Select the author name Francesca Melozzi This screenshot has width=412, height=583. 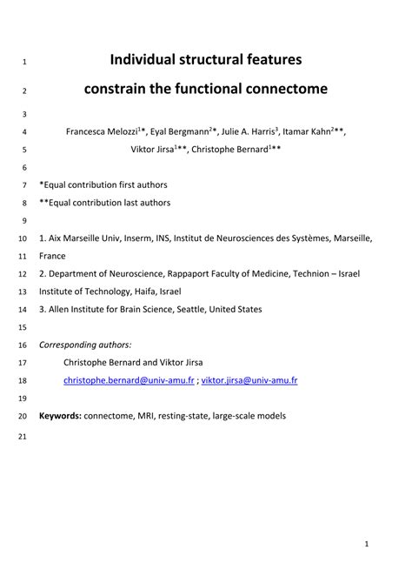click(x=101, y=132)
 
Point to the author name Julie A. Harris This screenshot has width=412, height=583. click(x=247, y=132)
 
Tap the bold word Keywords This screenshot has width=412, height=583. click(x=60, y=416)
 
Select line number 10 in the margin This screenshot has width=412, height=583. click(x=23, y=238)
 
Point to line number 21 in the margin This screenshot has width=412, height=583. click(x=23, y=434)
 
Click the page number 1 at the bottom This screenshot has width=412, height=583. click(x=368, y=545)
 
